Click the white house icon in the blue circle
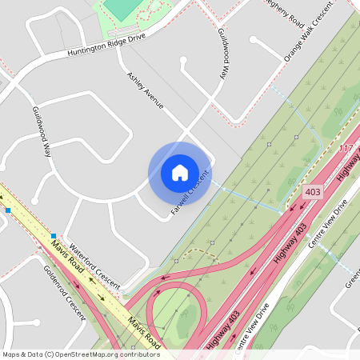[x=180, y=172]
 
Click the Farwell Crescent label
[x=190, y=193]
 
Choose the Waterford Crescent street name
[x=94, y=266]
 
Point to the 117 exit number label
[x=346, y=149]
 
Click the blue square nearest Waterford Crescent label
[x=54, y=236]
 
